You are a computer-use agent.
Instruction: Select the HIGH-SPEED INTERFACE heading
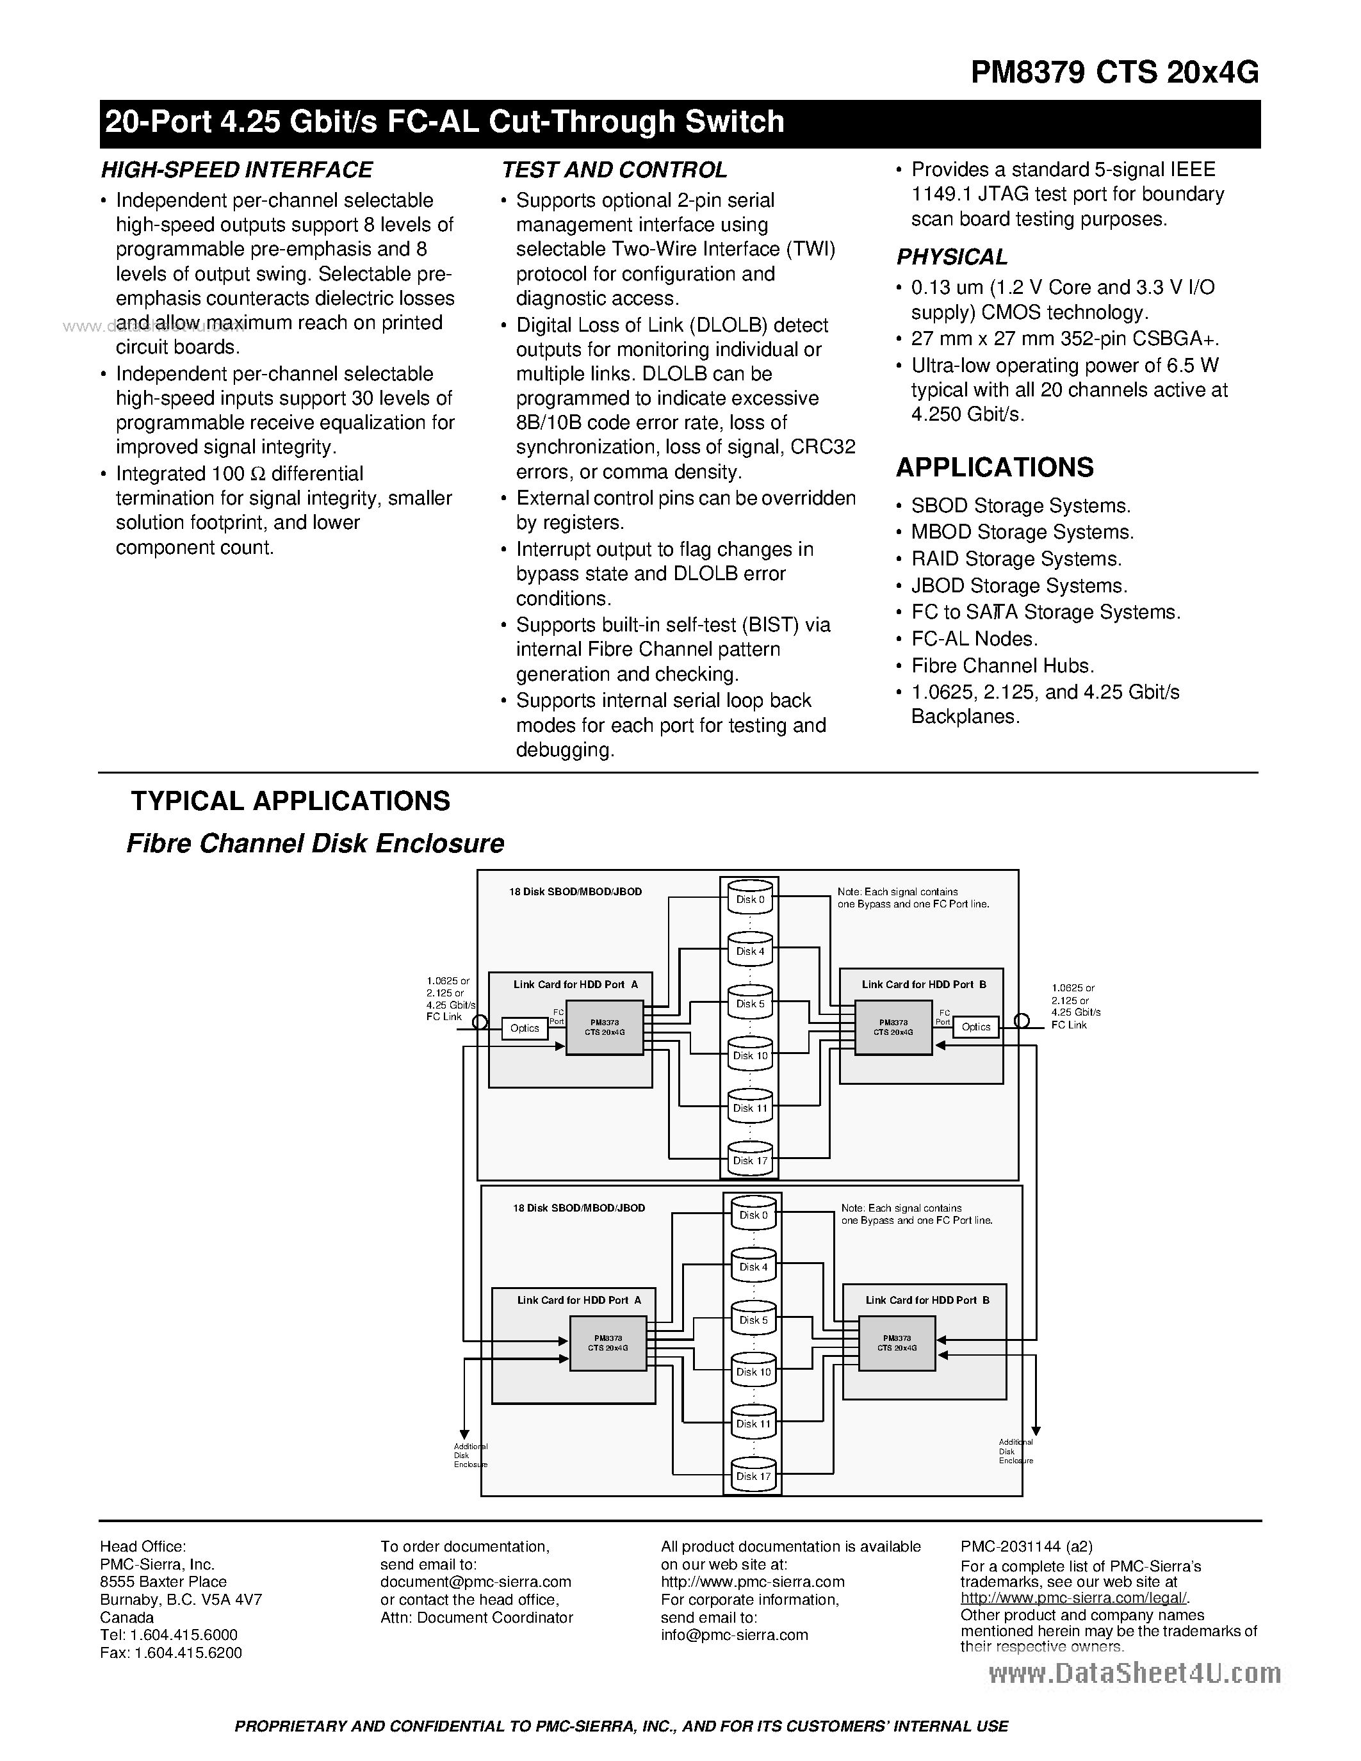236,170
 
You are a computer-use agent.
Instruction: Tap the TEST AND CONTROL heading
614,170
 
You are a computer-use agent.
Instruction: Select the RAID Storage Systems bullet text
1016,559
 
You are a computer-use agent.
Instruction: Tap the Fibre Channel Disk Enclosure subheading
315,843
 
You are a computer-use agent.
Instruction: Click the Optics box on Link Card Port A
524,1028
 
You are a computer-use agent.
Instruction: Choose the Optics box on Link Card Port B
975,1027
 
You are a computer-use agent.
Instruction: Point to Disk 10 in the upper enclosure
750,1055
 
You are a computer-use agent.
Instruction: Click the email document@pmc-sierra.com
476,1582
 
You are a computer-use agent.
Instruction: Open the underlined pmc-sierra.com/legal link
1074,1598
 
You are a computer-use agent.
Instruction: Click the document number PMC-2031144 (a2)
1027,1546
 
